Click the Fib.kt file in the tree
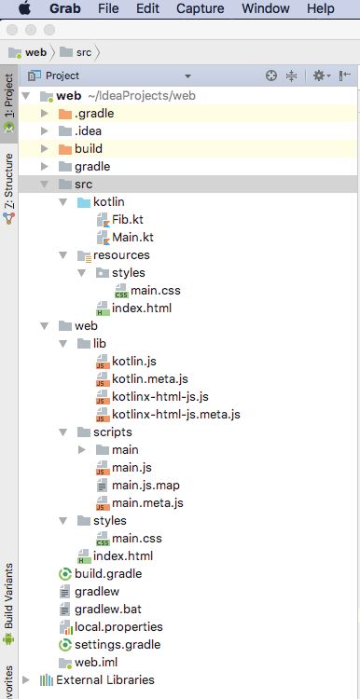127,220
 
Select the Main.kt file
132,238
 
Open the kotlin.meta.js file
149,378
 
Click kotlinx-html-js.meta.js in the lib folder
175,414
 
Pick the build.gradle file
107,573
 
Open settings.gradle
117,644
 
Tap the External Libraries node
104,679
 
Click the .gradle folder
94,114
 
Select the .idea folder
90,131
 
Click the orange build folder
88,149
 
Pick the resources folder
120,255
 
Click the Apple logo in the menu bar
23,8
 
